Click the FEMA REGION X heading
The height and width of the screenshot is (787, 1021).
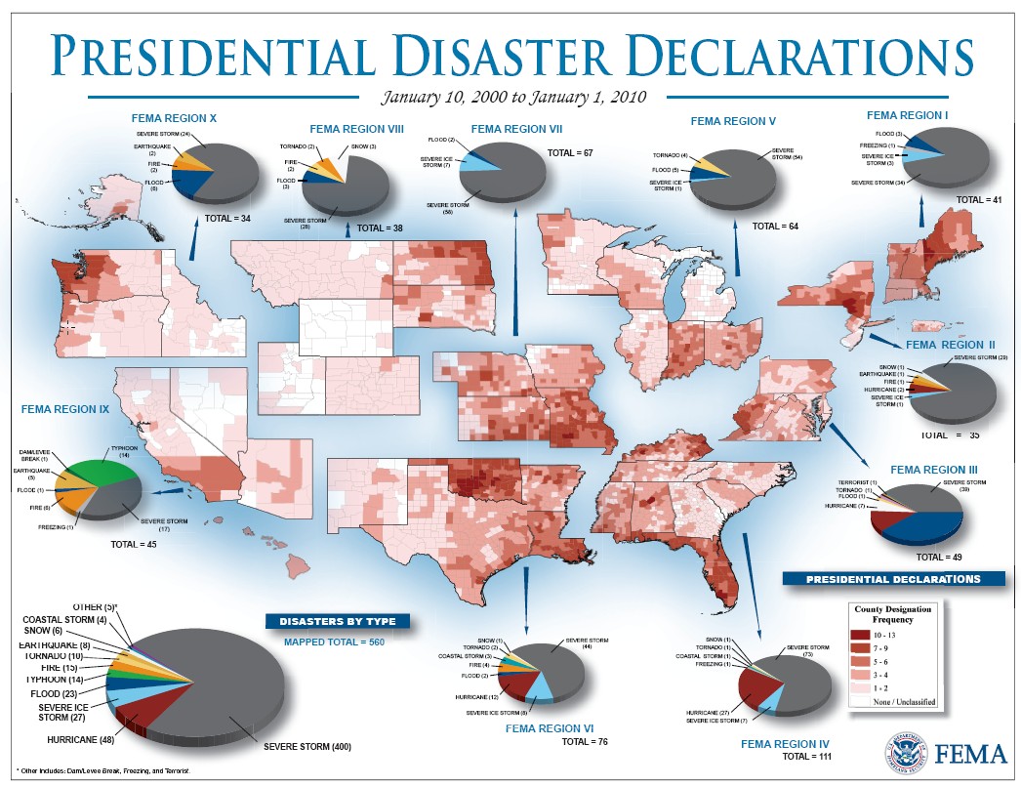173,118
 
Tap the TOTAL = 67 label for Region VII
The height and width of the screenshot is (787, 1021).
571,153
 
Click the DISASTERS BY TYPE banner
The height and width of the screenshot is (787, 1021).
338,621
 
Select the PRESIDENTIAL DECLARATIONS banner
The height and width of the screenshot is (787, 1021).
893,579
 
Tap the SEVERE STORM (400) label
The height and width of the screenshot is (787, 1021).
307,747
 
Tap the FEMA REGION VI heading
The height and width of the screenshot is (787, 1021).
550,728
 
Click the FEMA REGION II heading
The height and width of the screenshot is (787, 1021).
952,345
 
